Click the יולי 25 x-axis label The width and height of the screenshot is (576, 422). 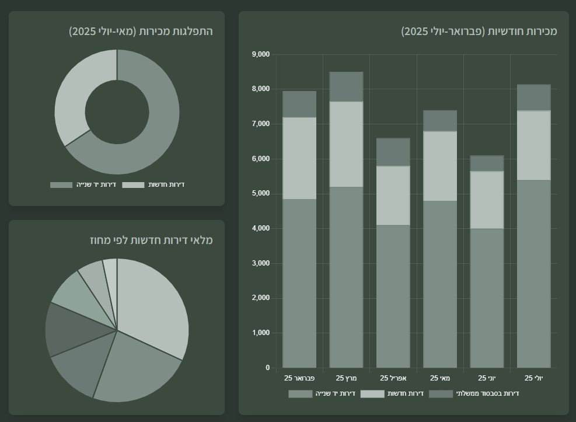pyautogui.click(x=533, y=378)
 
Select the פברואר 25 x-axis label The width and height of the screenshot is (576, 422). pyautogui.click(x=299, y=378)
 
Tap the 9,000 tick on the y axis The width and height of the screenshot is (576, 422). pyautogui.click(x=260, y=54)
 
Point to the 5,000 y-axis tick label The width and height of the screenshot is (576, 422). pyautogui.click(x=260, y=194)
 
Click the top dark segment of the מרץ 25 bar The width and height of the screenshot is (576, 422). pyautogui.click(x=346, y=86)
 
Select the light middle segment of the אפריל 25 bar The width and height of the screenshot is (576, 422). pyautogui.click(x=393, y=196)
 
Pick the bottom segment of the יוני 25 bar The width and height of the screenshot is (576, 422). pyautogui.click(x=487, y=298)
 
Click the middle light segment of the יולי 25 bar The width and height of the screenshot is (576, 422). pyautogui.click(x=533, y=145)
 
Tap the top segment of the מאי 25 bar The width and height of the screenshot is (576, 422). pyautogui.click(x=440, y=121)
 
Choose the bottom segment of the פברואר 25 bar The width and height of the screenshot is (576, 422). pyautogui.click(x=299, y=283)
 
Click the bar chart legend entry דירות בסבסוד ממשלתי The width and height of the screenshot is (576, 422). pyautogui.click(x=474, y=394)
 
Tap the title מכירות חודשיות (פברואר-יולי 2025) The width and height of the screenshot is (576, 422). pyautogui.click(x=479, y=32)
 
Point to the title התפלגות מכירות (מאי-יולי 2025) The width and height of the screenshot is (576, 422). pyautogui.click(x=141, y=32)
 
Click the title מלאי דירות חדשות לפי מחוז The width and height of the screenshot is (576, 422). pyautogui.click(x=151, y=240)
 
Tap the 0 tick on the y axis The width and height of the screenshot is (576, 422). pyautogui.click(x=267, y=368)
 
